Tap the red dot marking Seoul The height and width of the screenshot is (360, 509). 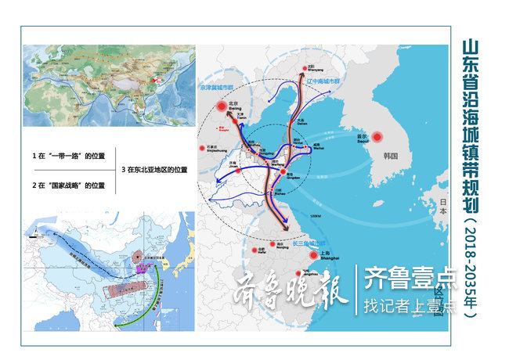coord(376,136)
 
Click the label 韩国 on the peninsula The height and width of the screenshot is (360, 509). coord(391,156)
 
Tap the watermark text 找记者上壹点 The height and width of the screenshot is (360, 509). coord(408,305)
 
